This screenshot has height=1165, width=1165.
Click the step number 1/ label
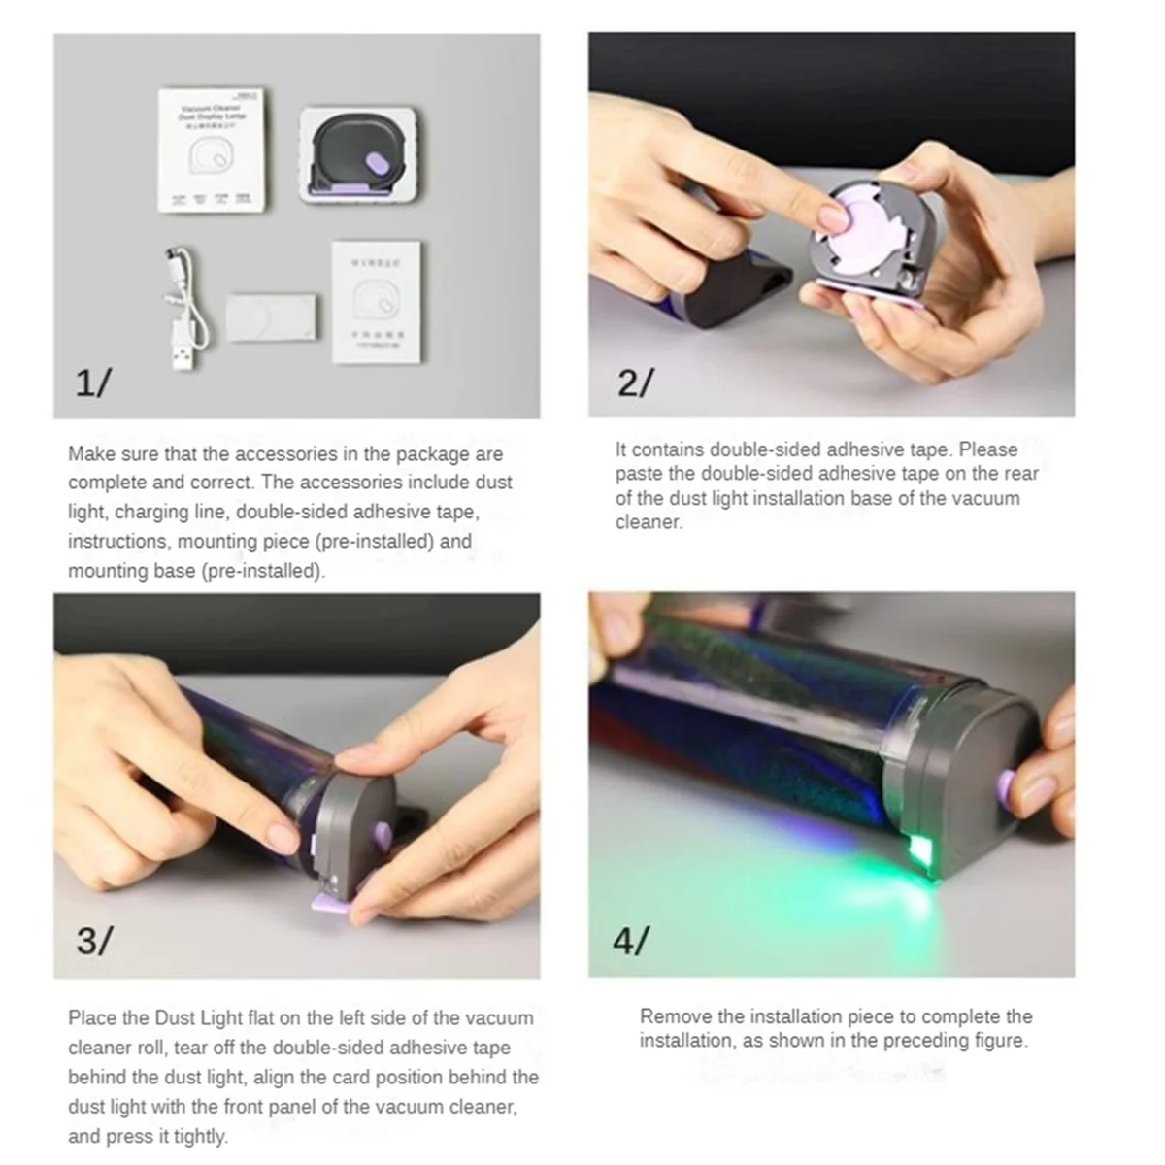(93, 383)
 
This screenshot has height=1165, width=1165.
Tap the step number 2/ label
(634, 383)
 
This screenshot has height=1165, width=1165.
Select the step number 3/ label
(94, 941)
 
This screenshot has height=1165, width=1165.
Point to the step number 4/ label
(631, 941)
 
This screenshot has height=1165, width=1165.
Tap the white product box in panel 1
(212, 150)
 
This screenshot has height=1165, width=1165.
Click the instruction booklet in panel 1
(376, 302)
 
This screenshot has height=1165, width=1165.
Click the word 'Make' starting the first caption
(90, 454)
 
